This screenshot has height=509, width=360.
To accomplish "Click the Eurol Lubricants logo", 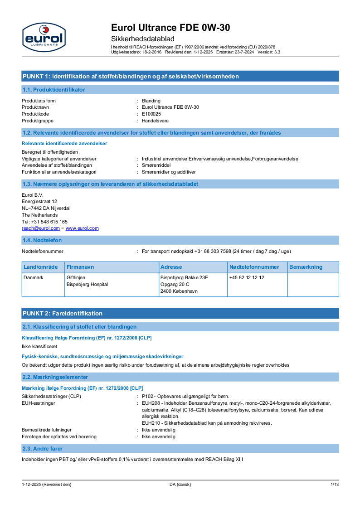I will (44, 37).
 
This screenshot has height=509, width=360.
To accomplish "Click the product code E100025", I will (151, 114).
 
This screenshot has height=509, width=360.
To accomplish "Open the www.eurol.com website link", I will (82, 228).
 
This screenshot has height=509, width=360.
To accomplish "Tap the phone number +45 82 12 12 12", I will (247, 277).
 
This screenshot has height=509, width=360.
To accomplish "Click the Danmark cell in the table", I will (34, 277).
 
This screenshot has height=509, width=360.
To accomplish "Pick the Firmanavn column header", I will (80, 267).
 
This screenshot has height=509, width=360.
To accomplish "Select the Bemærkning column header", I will (306, 267).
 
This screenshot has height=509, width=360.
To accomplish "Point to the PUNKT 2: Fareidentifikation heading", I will (62, 313).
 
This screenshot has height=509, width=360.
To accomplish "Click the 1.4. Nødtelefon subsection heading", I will (42, 240).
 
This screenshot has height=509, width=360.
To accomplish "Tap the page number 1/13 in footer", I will (334, 485).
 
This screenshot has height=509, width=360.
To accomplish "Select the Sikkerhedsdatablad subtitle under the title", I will (143, 39).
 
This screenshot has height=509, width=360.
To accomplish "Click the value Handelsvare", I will (155, 121).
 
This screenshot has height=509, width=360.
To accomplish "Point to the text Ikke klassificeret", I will (39, 346).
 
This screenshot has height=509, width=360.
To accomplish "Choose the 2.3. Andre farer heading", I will (43, 448).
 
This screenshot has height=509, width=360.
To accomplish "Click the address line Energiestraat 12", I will (39, 201).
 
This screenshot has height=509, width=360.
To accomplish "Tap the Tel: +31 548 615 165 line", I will (45, 222).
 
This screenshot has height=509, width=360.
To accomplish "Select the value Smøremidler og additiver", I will (169, 172).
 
